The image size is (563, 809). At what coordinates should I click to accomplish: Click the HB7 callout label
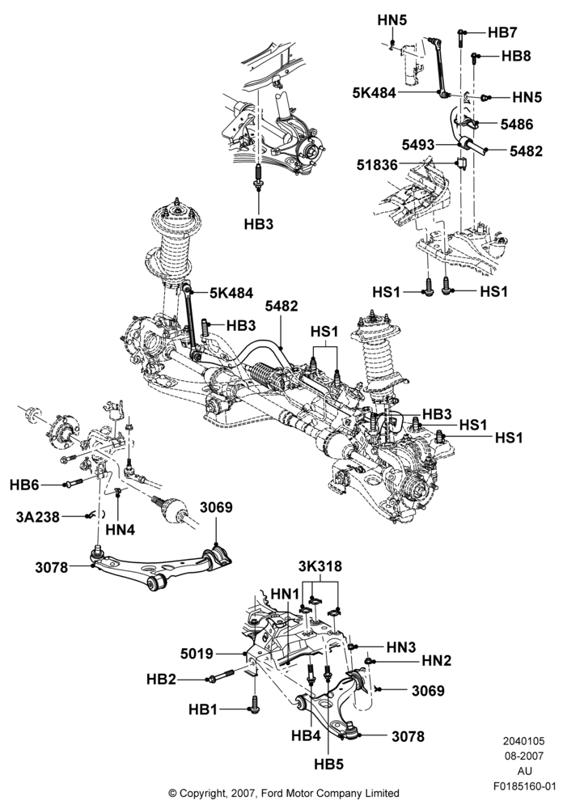[x=502, y=32]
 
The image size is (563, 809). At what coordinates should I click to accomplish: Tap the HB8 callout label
[x=516, y=56]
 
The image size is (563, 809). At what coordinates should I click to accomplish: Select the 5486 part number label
[x=517, y=125]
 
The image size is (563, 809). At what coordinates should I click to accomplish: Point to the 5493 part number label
[x=418, y=145]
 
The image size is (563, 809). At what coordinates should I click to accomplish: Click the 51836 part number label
[x=377, y=165]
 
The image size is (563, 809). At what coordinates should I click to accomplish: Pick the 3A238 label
[x=38, y=516]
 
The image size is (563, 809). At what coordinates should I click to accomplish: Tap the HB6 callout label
[x=24, y=485]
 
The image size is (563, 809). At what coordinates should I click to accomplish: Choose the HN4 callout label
[x=120, y=529]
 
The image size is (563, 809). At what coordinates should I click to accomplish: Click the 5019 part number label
[x=197, y=654]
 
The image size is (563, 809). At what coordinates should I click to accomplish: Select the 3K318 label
[x=320, y=566]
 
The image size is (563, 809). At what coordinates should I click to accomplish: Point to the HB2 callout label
[x=161, y=680]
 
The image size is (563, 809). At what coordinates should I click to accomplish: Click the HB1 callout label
[x=203, y=710]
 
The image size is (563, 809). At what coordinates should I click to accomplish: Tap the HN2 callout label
[x=436, y=660]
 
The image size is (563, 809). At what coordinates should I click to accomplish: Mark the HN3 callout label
[x=401, y=647]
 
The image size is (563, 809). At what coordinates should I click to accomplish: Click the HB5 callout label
[x=328, y=765]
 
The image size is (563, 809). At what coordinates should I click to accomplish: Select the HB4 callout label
[x=306, y=735]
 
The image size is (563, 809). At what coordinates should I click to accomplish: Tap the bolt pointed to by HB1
[x=256, y=705]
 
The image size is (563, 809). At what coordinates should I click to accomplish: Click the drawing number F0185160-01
[x=524, y=787]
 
